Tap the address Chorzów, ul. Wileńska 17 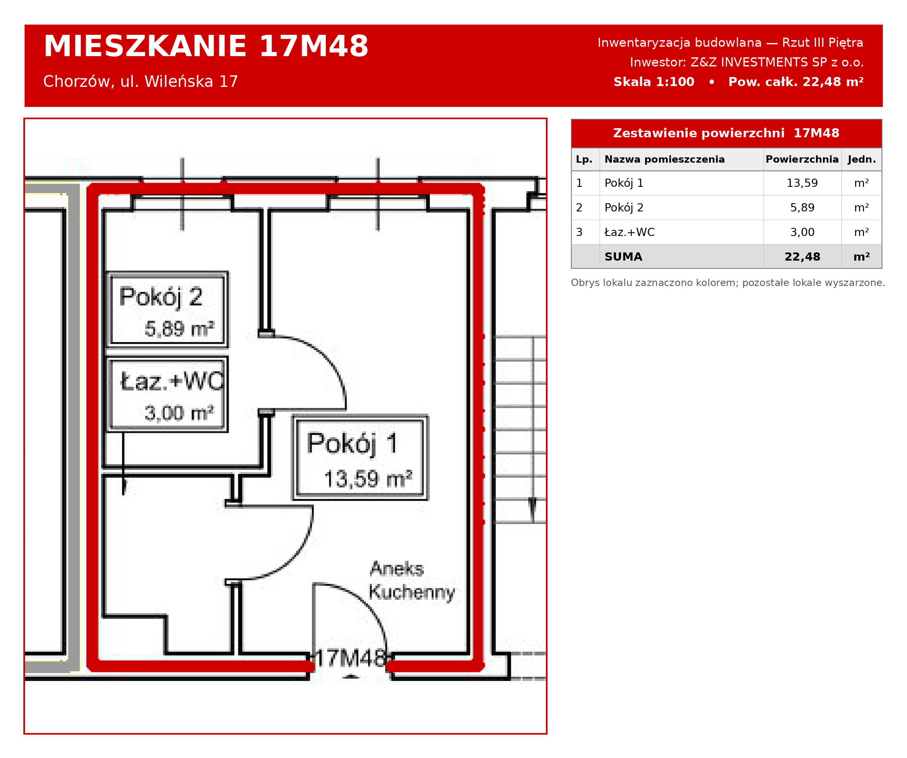pyautogui.click(x=140, y=81)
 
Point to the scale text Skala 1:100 pyautogui.click(x=654, y=82)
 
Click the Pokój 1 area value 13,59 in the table pyautogui.click(x=802, y=183)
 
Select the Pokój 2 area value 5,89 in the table pyautogui.click(x=802, y=208)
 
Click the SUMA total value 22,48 pyautogui.click(x=802, y=257)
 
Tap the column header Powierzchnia pyautogui.click(x=802, y=159)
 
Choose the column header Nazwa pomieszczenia pyautogui.click(x=664, y=159)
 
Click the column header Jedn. pyautogui.click(x=862, y=159)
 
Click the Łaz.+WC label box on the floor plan pyautogui.click(x=168, y=394)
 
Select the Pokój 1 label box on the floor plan pyautogui.click(x=360, y=458)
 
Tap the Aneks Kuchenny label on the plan pyautogui.click(x=412, y=581)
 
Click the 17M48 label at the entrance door pyautogui.click(x=350, y=659)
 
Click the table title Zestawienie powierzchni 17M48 pyautogui.click(x=726, y=133)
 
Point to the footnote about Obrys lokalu pyautogui.click(x=728, y=283)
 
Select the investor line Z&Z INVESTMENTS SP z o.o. pyautogui.click(x=747, y=62)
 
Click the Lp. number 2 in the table pyautogui.click(x=579, y=208)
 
